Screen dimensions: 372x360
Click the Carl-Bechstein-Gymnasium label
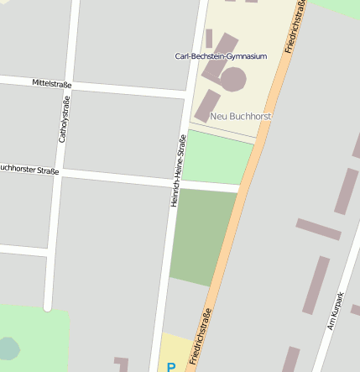(221, 56)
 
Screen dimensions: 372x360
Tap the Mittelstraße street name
(52, 84)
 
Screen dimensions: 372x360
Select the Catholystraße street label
(62, 119)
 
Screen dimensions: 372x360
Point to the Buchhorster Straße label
(29, 170)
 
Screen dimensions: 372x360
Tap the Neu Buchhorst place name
(241, 117)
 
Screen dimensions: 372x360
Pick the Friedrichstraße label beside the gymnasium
(295, 27)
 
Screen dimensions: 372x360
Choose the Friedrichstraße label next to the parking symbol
(201, 337)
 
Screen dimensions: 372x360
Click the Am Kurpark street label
(336, 311)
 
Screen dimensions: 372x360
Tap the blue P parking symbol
(171, 367)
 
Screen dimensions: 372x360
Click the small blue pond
(7, 348)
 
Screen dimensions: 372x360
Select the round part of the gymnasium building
(232, 80)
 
